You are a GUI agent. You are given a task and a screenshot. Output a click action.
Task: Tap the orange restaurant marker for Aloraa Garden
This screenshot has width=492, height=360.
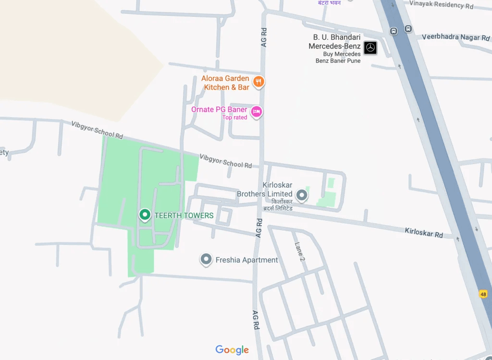click(x=258, y=82)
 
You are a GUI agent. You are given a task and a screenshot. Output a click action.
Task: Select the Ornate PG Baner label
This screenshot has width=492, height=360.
click(x=219, y=109)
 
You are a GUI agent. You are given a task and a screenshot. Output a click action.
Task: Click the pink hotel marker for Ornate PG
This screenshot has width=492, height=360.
click(x=257, y=112)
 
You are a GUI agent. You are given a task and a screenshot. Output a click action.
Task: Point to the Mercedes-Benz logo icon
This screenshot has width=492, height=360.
click(x=370, y=48)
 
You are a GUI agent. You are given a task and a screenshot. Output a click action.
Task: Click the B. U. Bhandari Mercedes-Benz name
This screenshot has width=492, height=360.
click(x=334, y=42)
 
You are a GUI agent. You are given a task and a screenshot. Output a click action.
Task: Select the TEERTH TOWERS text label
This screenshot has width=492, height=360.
click(x=184, y=216)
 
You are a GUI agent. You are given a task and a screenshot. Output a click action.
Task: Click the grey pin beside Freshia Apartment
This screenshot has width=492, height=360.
click(x=206, y=259)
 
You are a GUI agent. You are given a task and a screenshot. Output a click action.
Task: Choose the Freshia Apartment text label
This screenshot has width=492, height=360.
click(x=246, y=260)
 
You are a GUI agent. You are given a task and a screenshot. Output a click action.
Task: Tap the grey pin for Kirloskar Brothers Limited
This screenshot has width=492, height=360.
click(x=302, y=194)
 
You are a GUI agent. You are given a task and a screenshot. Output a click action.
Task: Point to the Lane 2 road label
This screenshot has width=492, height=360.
click(x=300, y=252)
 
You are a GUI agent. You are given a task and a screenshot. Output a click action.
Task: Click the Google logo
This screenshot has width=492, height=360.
click(x=232, y=350)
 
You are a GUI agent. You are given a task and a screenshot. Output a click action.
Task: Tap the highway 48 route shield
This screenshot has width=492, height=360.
click(x=483, y=294)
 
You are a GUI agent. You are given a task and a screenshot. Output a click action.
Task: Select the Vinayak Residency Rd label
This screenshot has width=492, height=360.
click(x=441, y=5)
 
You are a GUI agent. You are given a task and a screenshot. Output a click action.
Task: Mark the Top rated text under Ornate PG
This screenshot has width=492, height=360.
click(x=234, y=118)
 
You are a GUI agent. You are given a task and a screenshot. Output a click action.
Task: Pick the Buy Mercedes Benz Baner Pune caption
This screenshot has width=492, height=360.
click(x=338, y=58)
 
